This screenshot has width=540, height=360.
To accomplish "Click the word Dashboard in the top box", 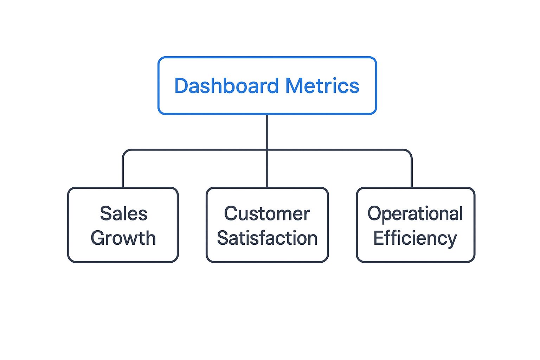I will [226, 86].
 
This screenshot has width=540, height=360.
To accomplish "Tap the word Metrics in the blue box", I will [322, 86].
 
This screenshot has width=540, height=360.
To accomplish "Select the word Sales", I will [123, 214].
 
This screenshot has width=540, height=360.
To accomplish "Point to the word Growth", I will [123, 238].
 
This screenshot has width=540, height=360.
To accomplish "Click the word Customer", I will [267, 214].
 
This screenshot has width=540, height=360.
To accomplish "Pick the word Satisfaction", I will [267, 238].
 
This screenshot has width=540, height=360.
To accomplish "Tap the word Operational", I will [415, 214].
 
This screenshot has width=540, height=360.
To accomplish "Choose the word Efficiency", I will [415, 238].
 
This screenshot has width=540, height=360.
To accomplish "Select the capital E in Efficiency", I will [378, 238].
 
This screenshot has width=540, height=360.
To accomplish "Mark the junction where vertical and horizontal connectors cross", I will [267, 150].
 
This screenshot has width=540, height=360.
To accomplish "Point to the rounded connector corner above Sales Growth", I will [125, 152].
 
